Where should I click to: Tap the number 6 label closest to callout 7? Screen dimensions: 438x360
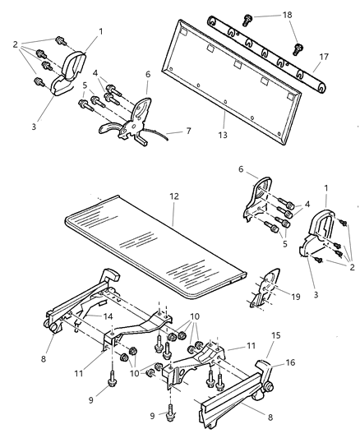(x=149, y=74)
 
